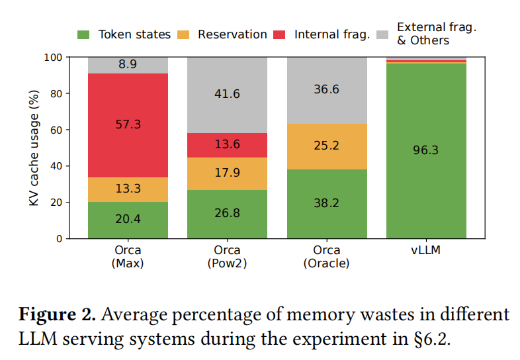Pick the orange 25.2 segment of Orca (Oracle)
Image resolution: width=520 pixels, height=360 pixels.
[x=327, y=146]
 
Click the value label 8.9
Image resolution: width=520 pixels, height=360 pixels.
[x=128, y=65]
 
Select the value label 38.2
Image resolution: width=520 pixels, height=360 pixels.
[x=327, y=203]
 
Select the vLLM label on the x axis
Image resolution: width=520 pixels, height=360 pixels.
[x=426, y=251]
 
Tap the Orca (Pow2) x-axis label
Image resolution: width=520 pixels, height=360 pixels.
[x=228, y=257]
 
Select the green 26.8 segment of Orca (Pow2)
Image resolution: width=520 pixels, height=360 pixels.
[x=228, y=214]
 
